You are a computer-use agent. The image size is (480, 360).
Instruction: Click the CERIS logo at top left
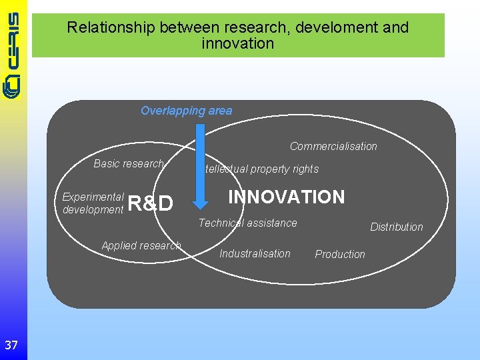pyautogui.click(x=13, y=53)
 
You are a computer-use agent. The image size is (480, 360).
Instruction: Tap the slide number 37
pyautogui.click(x=11, y=345)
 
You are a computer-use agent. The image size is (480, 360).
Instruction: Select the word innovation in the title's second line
pyautogui.click(x=237, y=43)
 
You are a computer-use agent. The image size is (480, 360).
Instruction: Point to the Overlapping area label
pyautogui.click(x=186, y=111)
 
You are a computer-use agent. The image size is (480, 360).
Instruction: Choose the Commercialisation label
pyautogui.click(x=333, y=146)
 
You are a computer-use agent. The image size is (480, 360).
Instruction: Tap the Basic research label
pyautogui.click(x=129, y=163)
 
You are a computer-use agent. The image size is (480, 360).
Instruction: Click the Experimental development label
pyautogui.click(x=93, y=203)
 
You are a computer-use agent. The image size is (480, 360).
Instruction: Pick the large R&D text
pyautogui.click(x=150, y=203)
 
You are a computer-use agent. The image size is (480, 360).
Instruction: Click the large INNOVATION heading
pyautogui.click(x=287, y=197)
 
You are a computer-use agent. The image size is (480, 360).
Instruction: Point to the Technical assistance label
pyautogui.click(x=248, y=223)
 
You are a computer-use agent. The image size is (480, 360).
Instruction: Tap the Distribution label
pyautogui.click(x=397, y=227)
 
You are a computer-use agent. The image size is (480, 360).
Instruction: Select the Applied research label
pyautogui.click(x=141, y=245)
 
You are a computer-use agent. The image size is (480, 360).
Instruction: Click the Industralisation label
pyautogui.click(x=255, y=253)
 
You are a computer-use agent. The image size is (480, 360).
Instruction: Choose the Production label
pyautogui.click(x=340, y=254)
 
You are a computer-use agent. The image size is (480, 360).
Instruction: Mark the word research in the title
pyautogui.click(x=257, y=27)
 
